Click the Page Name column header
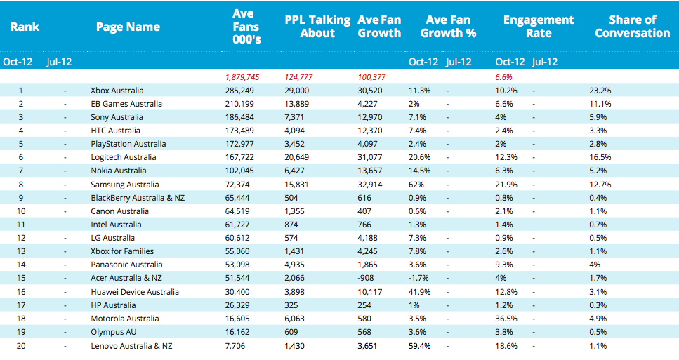point(128,27)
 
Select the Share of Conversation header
point(632,27)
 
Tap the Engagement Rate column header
point(539,27)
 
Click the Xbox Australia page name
point(117,91)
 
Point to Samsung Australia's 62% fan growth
point(416,185)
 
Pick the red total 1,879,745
point(242,77)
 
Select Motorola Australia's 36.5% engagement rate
point(506,319)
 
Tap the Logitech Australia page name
point(124,157)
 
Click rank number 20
point(21,346)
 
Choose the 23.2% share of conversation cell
point(600,91)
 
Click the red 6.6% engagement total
point(503,77)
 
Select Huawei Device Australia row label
point(135,292)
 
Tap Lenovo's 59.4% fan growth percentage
point(420,346)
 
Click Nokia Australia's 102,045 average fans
point(239,171)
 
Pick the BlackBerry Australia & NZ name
point(138,198)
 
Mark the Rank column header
point(25,27)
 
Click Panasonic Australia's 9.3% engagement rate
point(504,265)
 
